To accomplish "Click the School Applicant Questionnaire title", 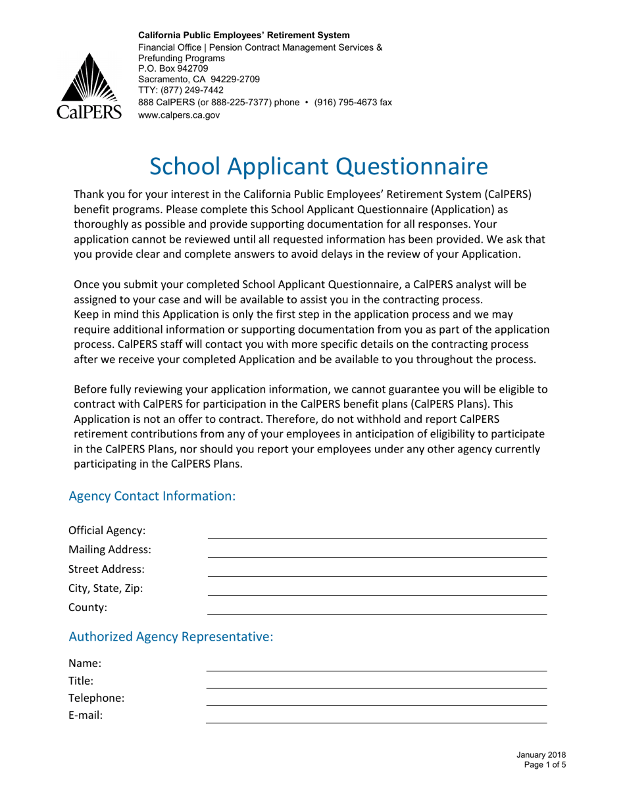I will coord(318,166).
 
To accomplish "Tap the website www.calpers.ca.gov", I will coord(178,114).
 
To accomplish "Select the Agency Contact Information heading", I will coord(152,496).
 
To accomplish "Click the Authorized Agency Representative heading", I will coord(170,637).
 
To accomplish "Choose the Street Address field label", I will coord(107,569).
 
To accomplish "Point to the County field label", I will coord(88,608).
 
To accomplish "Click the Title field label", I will coord(81,681).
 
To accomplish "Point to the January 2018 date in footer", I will coord(541,755).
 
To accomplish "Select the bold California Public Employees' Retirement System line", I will coord(243,35).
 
